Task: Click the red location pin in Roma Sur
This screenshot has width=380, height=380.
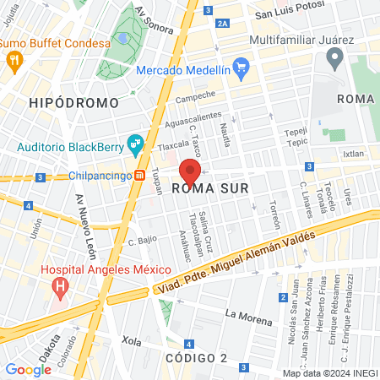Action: [x=190, y=173]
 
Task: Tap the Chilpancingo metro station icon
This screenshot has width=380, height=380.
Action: [x=140, y=176]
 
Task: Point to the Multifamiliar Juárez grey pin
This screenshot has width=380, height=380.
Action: [x=334, y=58]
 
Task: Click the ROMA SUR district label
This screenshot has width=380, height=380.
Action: [x=210, y=188]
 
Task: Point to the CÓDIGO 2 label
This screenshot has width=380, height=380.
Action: [x=196, y=358]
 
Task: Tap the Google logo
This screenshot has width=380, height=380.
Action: [x=28, y=368]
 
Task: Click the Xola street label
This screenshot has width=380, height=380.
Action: [x=131, y=341]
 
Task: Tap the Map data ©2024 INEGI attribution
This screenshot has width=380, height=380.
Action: [x=329, y=372]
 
